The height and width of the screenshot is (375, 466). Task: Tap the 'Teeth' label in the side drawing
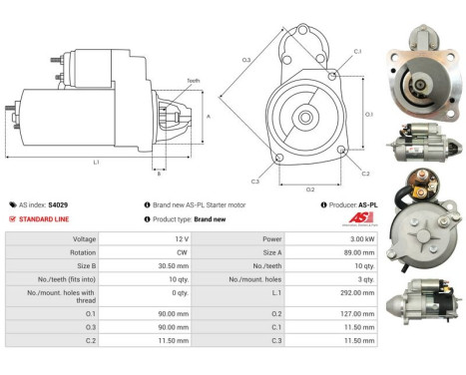[193, 81]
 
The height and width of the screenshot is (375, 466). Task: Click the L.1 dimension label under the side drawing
[95, 162]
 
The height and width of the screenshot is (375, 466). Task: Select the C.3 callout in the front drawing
[255, 182]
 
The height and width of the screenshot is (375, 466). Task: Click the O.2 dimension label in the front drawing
[309, 188]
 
